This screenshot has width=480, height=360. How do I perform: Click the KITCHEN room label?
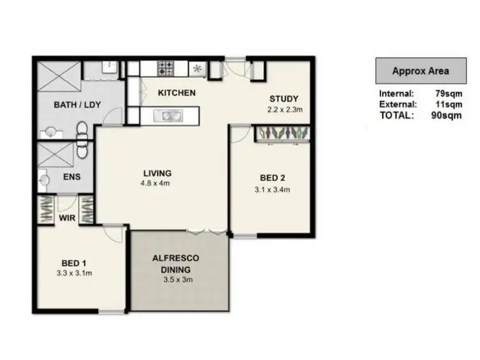click(177, 93)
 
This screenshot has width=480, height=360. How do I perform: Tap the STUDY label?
click(284, 98)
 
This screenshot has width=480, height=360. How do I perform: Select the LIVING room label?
click(157, 173)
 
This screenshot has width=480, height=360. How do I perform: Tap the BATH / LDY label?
click(72, 104)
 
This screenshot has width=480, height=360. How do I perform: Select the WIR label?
click(68, 218)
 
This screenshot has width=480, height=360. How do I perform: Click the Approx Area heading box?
click(420, 71)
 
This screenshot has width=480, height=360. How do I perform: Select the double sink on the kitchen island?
click(170, 116)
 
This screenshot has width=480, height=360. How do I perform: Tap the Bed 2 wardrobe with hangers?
click(283, 133)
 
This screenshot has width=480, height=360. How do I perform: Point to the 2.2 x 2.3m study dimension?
click(284, 109)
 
